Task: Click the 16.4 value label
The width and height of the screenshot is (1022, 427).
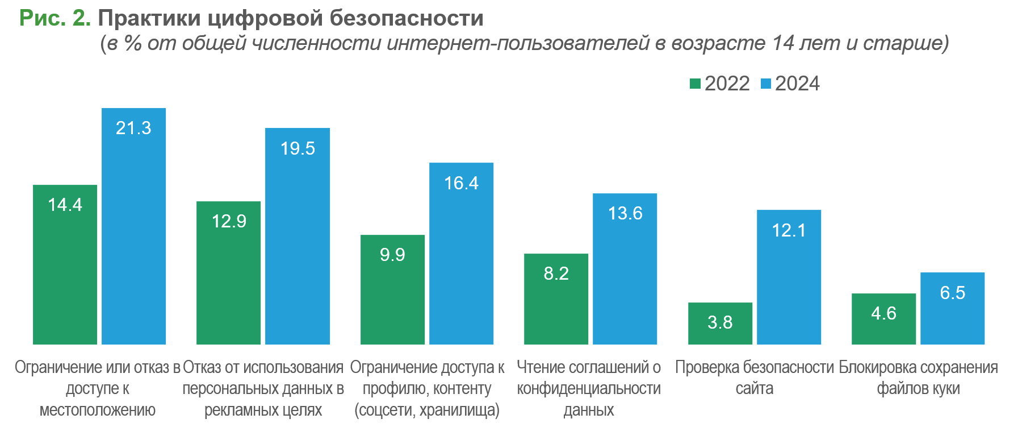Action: [x=461, y=183]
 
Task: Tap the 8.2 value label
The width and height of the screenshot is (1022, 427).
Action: [x=556, y=273]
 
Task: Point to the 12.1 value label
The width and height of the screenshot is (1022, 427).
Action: [x=789, y=230]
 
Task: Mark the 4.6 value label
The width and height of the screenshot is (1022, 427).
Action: [x=883, y=313]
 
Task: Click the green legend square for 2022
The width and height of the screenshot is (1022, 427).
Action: [x=695, y=84]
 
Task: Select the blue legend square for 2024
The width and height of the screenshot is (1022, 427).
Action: [x=765, y=84]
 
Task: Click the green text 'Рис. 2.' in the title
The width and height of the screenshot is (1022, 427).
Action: [x=55, y=18]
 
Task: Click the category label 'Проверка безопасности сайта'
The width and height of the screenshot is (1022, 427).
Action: [x=754, y=378]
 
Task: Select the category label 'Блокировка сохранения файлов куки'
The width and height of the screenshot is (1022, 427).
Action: [x=918, y=378]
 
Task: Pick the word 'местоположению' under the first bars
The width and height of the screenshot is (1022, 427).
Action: [x=98, y=410]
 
